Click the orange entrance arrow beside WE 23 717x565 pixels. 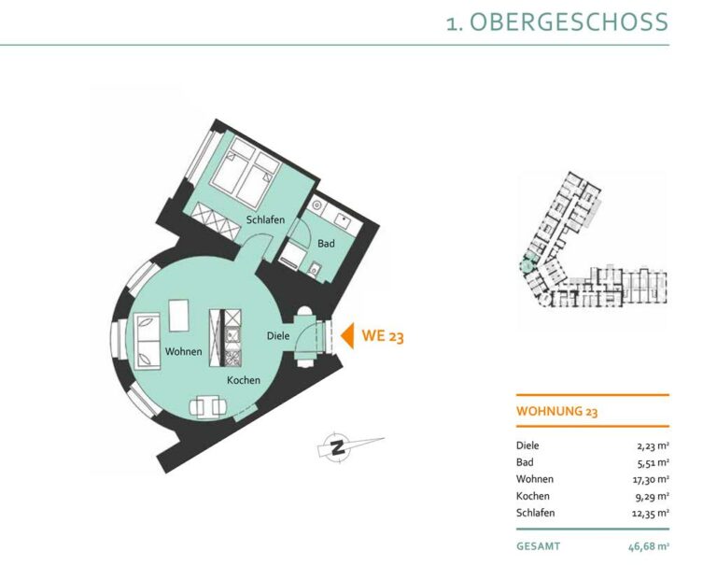click(x=348, y=336)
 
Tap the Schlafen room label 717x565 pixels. click(x=265, y=219)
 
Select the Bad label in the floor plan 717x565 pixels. click(x=326, y=244)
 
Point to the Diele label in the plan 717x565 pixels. click(x=278, y=336)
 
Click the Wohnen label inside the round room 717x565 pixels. click(x=183, y=351)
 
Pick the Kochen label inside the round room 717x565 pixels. click(x=244, y=380)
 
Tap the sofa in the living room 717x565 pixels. click(x=148, y=340)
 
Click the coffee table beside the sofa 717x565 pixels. click(x=179, y=316)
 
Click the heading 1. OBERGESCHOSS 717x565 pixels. click(x=557, y=22)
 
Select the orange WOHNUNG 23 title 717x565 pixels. click(x=557, y=411)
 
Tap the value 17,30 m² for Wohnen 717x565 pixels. click(x=651, y=479)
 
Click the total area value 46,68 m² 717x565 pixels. click(x=649, y=546)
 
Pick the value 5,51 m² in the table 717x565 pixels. click(x=654, y=462)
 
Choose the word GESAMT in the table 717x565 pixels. click(x=538, y=546)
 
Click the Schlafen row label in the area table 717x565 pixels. click(x=536, y=513)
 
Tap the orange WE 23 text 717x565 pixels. click(x=383, y=336)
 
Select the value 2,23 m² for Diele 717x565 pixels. click(x=654, y=445)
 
